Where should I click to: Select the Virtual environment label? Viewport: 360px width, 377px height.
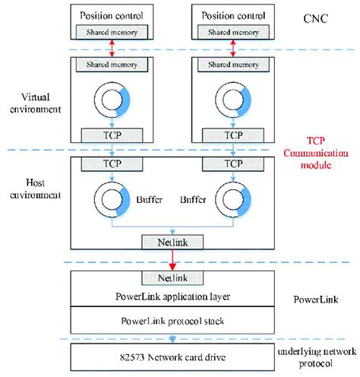(36, 102)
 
